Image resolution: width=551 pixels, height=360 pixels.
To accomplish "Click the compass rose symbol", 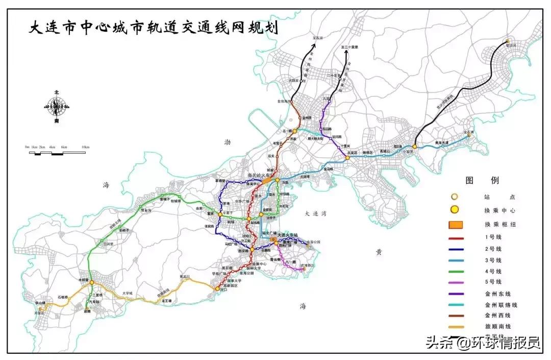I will point(56,107).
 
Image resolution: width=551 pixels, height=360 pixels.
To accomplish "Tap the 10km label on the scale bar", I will point(85,147).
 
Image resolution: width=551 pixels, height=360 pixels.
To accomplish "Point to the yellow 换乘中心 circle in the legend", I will point(455,209).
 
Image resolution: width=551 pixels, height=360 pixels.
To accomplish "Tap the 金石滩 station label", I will point(469,132).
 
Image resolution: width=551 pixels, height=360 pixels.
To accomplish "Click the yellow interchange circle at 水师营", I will point(92,282).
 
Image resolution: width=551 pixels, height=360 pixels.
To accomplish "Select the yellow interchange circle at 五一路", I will point(294,131).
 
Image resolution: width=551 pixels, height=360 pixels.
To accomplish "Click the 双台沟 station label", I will point(146,209).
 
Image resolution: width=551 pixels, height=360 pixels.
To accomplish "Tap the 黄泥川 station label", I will point(184,277).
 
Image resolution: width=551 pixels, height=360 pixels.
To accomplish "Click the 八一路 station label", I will point(291,261).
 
